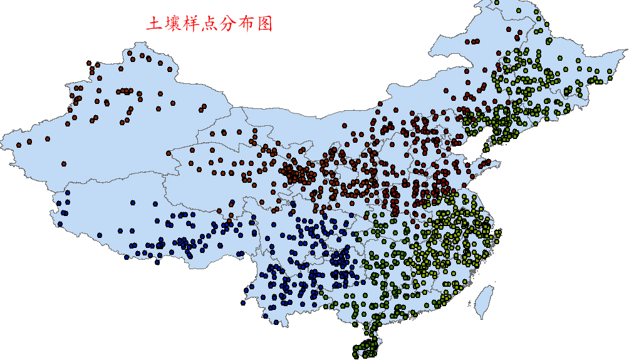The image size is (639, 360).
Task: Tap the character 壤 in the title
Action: (174, 24)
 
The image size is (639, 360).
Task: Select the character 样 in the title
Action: (192, 24)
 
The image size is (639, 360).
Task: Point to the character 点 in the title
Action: (211, 24)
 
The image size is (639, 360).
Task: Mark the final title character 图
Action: (266, 24)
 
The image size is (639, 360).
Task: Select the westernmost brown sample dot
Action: (19, 145)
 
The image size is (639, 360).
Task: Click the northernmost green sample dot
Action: (496, 3)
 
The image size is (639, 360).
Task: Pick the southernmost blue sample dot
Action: (276, 322)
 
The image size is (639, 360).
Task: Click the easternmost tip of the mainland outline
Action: (627, 51)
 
